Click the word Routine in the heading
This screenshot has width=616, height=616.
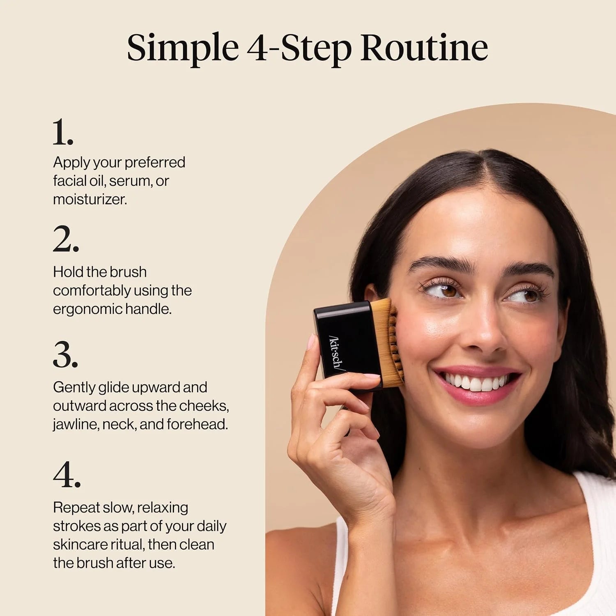424,47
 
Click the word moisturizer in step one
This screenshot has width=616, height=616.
90,199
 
